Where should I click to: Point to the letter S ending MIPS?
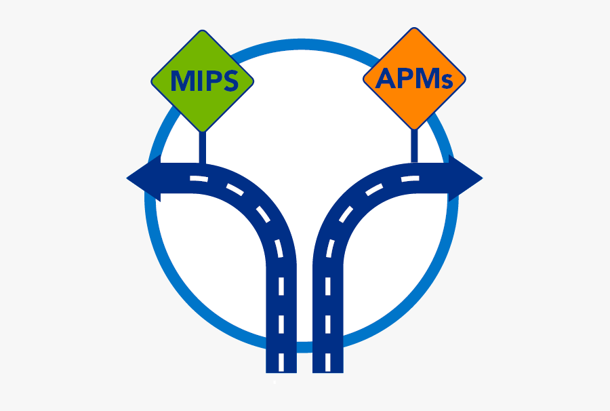click(x=230, y=82)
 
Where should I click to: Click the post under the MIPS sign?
click(x=201, y=148)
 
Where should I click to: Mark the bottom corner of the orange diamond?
click(x=415, y=129)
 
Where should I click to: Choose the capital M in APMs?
click(x=426, y=79)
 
